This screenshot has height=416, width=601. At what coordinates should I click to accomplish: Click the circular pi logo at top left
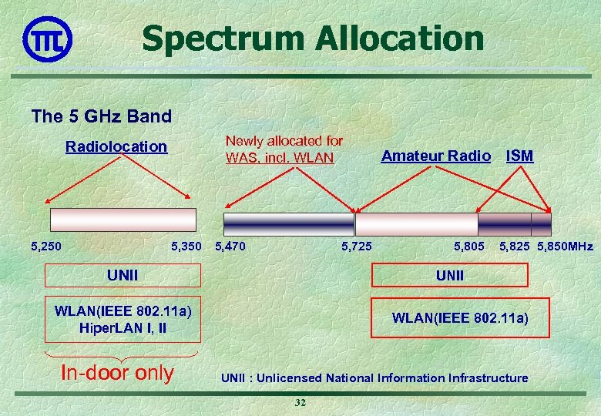coord(48,38)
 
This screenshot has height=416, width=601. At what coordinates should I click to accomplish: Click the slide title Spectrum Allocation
coord(313,38)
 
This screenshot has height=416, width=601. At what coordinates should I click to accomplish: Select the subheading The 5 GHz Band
coord(101,116)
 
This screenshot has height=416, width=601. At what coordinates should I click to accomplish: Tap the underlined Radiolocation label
coord(116,146)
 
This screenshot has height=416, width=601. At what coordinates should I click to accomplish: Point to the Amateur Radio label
coord(435,156)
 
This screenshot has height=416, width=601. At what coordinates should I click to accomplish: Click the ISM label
coord(519,156)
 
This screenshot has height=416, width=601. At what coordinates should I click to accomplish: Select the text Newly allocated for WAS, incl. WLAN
coord(284,149)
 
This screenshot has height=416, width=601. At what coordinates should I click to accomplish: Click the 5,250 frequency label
coord(45,247)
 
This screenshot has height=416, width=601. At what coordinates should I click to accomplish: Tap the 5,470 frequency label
coord(230,247)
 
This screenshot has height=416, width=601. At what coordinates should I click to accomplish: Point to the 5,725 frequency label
coord(356,247)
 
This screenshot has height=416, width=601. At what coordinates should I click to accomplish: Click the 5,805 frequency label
coord(469,247)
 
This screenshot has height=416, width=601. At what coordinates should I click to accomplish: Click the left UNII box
coord(123,275)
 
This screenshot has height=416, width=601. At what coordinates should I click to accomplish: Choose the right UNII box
coord(450,275)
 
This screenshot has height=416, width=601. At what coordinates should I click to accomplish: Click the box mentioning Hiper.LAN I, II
coord(123,319)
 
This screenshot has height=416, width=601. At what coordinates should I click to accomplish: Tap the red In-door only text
coord(117,373)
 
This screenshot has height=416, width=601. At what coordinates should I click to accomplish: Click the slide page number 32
coord(300,404)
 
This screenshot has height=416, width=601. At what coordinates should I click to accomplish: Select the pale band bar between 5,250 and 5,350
coord(123,220)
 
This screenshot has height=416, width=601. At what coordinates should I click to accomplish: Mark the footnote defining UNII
coord(374,377)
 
